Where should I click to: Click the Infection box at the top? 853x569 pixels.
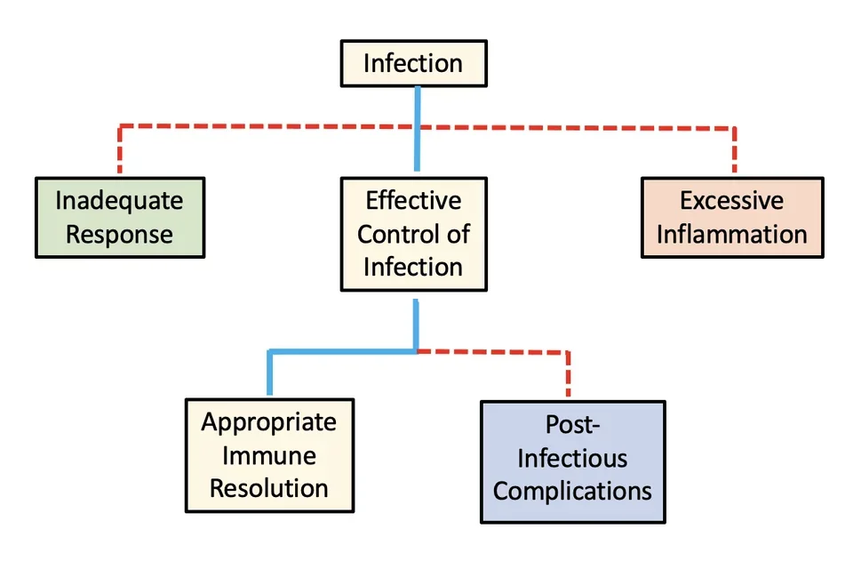tap(413, 63)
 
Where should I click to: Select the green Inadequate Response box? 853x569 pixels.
tap(119, 217)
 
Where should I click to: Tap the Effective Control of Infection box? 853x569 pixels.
tap(413, 234)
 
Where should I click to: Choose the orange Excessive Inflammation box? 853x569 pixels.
tap(731, 217)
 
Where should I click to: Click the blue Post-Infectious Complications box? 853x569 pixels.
tap(572, 461)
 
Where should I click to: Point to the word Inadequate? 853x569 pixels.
tap(119, 200)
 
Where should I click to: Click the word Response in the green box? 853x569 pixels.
tap(119, 235)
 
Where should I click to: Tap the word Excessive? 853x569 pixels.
tap(731, 200)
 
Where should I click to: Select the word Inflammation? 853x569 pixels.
tap(731, 235)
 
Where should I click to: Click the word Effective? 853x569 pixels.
tap(413, 200)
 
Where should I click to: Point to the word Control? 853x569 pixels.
tap(391, 234)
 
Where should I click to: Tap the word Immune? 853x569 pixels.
tap(269, 454)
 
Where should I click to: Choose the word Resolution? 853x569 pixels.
tap(269, 487)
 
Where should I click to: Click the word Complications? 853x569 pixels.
tap(572, 491)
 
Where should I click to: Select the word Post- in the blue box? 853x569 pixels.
tap(572, 427)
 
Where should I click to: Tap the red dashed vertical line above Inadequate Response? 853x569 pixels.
tap(120, 151)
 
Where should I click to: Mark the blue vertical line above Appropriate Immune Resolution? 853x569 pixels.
tap(270, 373)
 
